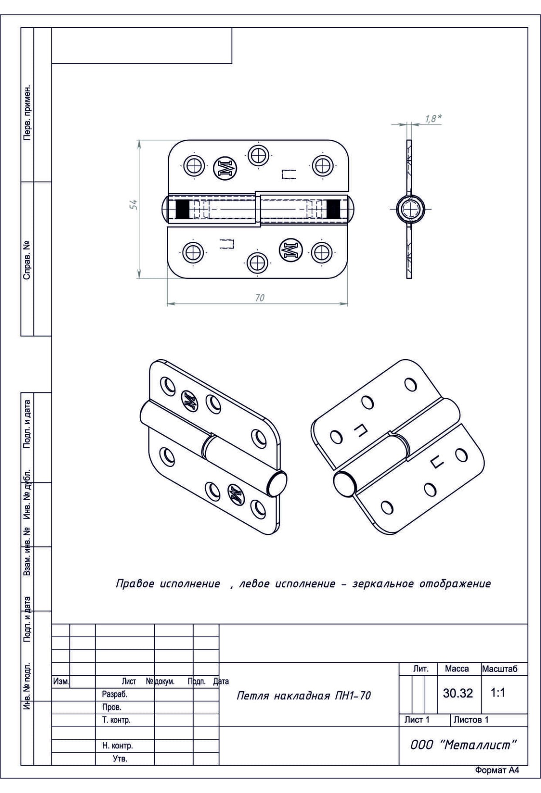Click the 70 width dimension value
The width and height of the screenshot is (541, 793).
(x=260, y=298)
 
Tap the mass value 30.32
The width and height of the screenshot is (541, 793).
(x=458, y=693)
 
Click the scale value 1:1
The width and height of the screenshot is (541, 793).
(x=498, y=693)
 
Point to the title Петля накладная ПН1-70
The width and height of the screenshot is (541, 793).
(x=303, y=696)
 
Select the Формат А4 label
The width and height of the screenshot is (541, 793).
(x=497, y=770)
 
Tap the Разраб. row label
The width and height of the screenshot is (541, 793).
(x=115, y=694)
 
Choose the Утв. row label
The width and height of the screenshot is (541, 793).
(x=120, y=759)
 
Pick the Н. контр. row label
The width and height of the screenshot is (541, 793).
(x=117, y=746)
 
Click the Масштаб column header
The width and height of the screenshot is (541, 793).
(x=500, y=669)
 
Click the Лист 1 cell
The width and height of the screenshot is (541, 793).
(x=417, y=720)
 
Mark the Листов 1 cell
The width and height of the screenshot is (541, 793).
(x=471, y=720)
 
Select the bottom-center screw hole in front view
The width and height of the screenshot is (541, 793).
(x=257, y=262)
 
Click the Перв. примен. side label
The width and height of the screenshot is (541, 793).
(x=28, y=112)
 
